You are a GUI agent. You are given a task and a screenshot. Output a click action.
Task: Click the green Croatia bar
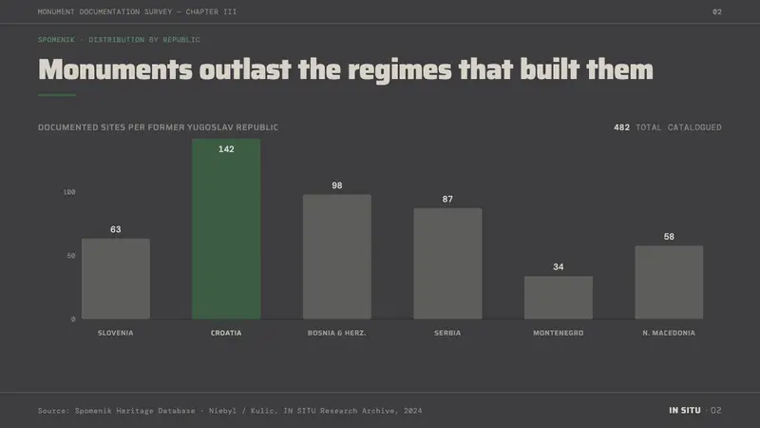226,228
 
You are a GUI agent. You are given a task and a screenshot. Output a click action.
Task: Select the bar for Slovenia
115,279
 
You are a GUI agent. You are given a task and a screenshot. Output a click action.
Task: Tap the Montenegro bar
559,298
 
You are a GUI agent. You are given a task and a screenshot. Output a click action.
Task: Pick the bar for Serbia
447,263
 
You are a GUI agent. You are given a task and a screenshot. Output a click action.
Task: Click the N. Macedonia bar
669,282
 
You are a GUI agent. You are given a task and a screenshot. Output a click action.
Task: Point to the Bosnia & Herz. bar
337,257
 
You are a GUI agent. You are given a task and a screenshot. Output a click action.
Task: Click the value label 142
226,149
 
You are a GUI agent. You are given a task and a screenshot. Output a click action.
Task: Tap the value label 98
337,185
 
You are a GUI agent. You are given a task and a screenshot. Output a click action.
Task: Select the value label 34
559,267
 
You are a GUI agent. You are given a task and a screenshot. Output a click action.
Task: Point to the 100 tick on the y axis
69,192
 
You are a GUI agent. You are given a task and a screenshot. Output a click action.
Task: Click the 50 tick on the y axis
71,256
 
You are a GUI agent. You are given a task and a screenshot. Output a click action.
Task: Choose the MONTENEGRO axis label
559,333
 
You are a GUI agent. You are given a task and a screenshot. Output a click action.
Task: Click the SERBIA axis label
447,333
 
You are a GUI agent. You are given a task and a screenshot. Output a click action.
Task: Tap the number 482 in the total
621,127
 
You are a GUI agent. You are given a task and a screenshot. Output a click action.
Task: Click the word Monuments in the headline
115,69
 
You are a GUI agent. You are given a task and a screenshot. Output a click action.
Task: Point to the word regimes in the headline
400,70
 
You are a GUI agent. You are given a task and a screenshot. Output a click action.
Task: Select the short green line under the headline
57,95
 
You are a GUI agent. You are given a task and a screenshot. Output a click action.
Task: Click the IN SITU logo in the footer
685,411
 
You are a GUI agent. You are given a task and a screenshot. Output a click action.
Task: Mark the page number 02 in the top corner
717,11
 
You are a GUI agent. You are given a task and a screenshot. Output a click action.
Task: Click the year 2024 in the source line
412,411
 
